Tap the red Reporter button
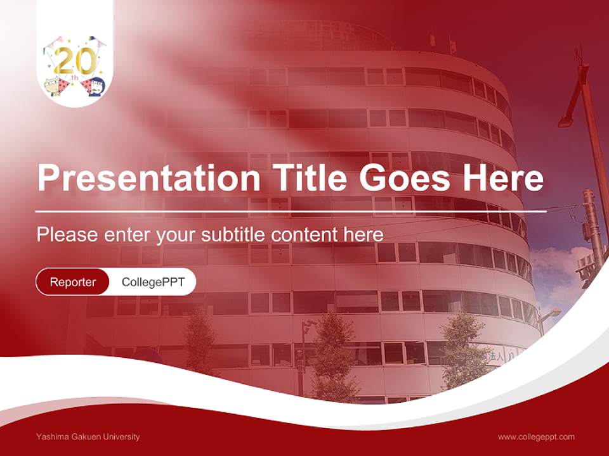point(72,282)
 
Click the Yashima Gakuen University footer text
point(88,436)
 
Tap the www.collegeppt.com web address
point(536,436)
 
